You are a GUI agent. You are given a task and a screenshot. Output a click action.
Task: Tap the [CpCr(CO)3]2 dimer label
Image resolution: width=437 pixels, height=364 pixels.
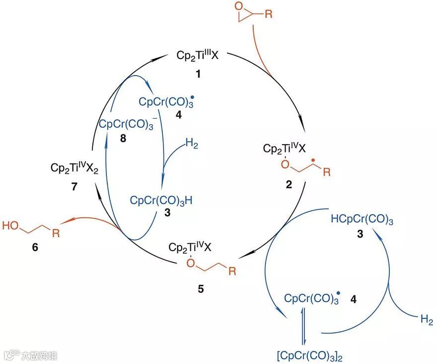pyautogui.click(x=304, y=355)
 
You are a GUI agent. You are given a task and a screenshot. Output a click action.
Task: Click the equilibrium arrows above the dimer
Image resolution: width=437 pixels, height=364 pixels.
pyautogui.click(x=304, y=329)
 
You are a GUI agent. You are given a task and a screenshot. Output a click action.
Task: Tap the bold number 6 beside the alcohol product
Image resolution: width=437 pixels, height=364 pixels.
pyautogui.click(x=33, y=247)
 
